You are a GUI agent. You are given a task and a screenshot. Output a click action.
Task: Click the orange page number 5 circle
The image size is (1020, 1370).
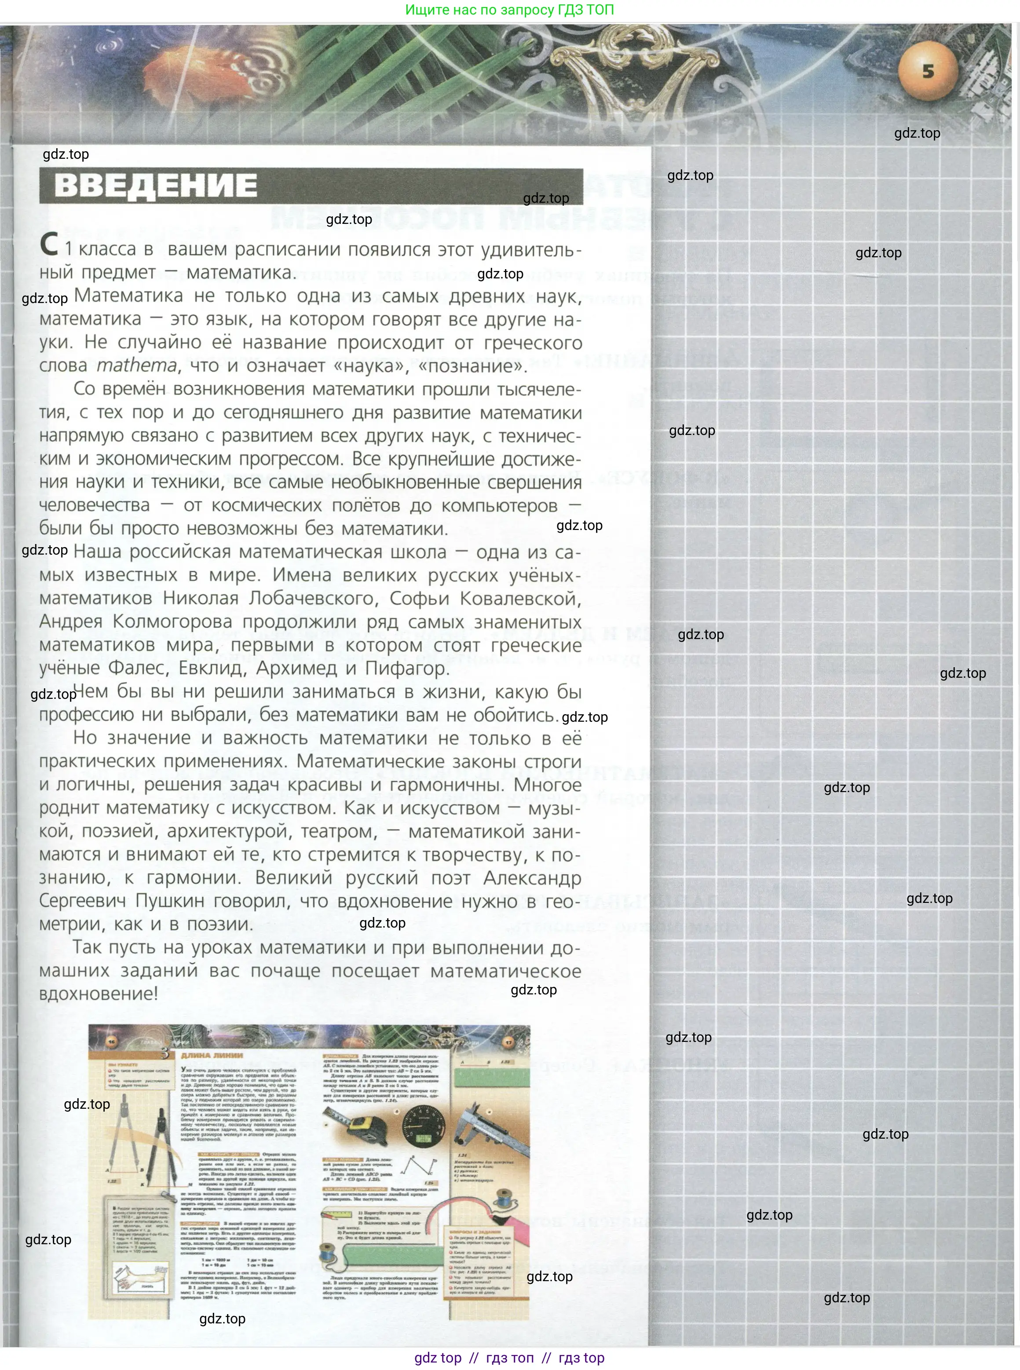[x=927, y=72]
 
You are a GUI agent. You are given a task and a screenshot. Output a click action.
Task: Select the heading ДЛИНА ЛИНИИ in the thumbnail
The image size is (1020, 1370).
[x=212, y=1055]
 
